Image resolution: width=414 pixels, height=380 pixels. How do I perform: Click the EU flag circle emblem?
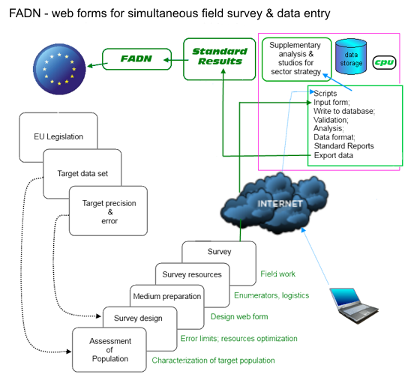[59, 69]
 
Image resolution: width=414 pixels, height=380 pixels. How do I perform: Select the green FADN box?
[136, 59]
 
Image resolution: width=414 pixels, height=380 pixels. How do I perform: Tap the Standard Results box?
[220, 59]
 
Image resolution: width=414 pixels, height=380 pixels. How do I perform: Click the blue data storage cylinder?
[351, 56]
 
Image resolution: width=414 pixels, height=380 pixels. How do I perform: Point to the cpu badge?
[384, 62]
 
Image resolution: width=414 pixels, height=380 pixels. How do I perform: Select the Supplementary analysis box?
[296, 59]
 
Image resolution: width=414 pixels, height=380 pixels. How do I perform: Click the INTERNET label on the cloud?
[280, 204]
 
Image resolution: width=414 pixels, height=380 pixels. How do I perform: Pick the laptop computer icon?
[354, 306]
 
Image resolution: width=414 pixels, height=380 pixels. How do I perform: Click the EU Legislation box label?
[58, 136]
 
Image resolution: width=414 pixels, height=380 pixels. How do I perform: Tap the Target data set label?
[82, 174]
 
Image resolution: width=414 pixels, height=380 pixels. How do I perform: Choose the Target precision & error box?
[108, 211]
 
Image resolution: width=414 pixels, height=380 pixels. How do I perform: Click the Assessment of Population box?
[109, 350]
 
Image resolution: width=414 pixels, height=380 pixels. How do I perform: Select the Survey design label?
[138, 319]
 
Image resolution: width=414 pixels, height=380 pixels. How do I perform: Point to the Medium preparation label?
[166, 296]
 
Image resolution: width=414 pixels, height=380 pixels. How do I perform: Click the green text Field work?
[277, 274]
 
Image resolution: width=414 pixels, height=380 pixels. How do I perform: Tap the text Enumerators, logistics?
[271, 295]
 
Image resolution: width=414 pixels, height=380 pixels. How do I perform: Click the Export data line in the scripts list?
[334, 155]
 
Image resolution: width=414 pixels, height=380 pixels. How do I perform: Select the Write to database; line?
[344, 111]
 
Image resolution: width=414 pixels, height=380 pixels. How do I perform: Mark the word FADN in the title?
[25, 13]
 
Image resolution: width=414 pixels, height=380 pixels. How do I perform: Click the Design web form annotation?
[239, 316]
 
